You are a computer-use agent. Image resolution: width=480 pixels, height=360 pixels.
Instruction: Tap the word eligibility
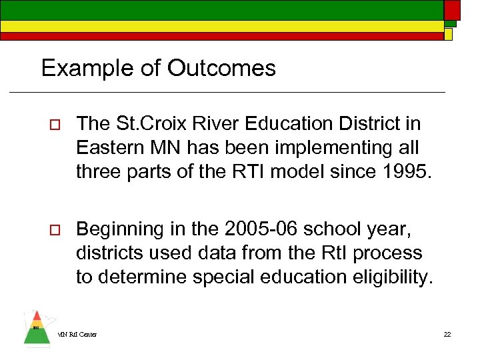tap(385, 277)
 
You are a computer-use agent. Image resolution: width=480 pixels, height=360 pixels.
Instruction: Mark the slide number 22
tap(447, 334)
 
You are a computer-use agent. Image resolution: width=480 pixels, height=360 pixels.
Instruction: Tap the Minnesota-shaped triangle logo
tap(37, 328)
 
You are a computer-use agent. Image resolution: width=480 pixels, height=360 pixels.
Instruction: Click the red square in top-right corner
tap(452, 9)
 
